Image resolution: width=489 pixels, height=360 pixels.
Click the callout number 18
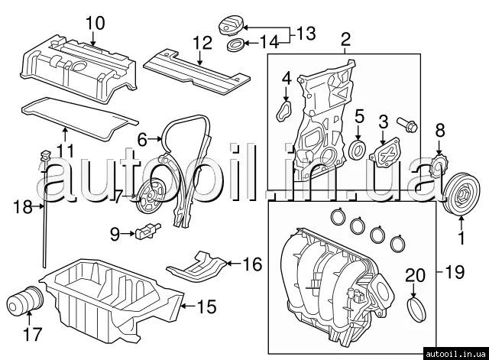coord(24,206)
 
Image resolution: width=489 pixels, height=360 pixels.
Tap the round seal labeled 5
coord(356,151)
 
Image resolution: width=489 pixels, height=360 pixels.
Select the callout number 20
coord(414,275)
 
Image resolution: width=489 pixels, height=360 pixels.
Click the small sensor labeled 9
coord(147,230)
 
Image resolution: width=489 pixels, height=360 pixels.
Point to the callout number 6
coord(142,140)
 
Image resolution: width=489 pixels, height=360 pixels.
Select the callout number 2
coord(345,39)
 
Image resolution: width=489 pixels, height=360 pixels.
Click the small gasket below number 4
coord(283,112)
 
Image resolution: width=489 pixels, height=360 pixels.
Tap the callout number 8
coord(439,132)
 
